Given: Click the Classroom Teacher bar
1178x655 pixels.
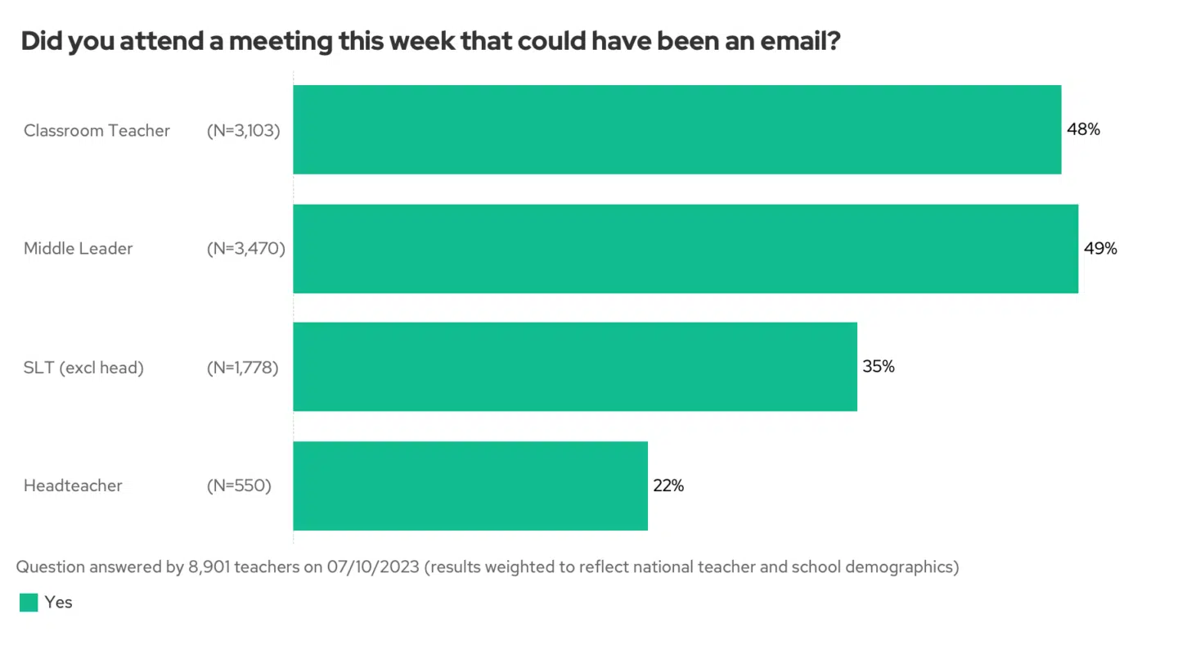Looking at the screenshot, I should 677,129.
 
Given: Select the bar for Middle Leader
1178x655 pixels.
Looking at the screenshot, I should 685,248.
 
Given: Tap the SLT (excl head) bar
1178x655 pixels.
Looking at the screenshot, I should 574,367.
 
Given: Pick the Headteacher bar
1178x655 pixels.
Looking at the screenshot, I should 470,486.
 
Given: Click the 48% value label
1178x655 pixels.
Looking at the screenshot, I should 1083,129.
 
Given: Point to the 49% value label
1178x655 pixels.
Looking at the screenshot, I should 1100,248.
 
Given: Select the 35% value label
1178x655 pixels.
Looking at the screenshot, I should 879,367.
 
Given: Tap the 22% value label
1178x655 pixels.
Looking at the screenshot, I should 668,486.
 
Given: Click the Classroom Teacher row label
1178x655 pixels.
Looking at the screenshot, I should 97,130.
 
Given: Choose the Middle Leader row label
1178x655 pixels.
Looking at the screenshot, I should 78,249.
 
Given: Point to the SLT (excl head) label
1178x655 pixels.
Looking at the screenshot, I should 83,368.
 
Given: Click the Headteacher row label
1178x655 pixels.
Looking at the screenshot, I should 73,486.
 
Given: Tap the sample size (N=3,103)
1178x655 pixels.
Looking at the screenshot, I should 244,130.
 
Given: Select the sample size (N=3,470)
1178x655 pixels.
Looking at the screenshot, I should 246,249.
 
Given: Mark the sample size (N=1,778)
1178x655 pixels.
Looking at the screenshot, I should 243,368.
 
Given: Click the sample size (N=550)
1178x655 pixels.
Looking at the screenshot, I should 239,486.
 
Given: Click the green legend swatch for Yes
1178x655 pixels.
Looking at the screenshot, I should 29,603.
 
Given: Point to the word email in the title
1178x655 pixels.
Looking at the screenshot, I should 794,41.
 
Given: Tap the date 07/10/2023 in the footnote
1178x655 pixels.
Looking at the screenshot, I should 374,567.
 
